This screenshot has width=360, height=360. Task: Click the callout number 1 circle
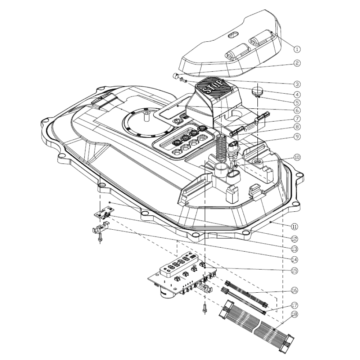[297, 49]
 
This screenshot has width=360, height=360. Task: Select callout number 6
[297, 110]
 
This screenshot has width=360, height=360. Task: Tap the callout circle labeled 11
[294, 227]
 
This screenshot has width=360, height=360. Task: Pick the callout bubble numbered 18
[294, 315]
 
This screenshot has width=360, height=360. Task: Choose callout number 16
[294, 290]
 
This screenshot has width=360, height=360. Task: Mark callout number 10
[297, 157]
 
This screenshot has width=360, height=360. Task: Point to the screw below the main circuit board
[205, 308]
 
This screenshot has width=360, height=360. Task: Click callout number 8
[297, 127]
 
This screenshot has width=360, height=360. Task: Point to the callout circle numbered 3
[297, 84]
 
